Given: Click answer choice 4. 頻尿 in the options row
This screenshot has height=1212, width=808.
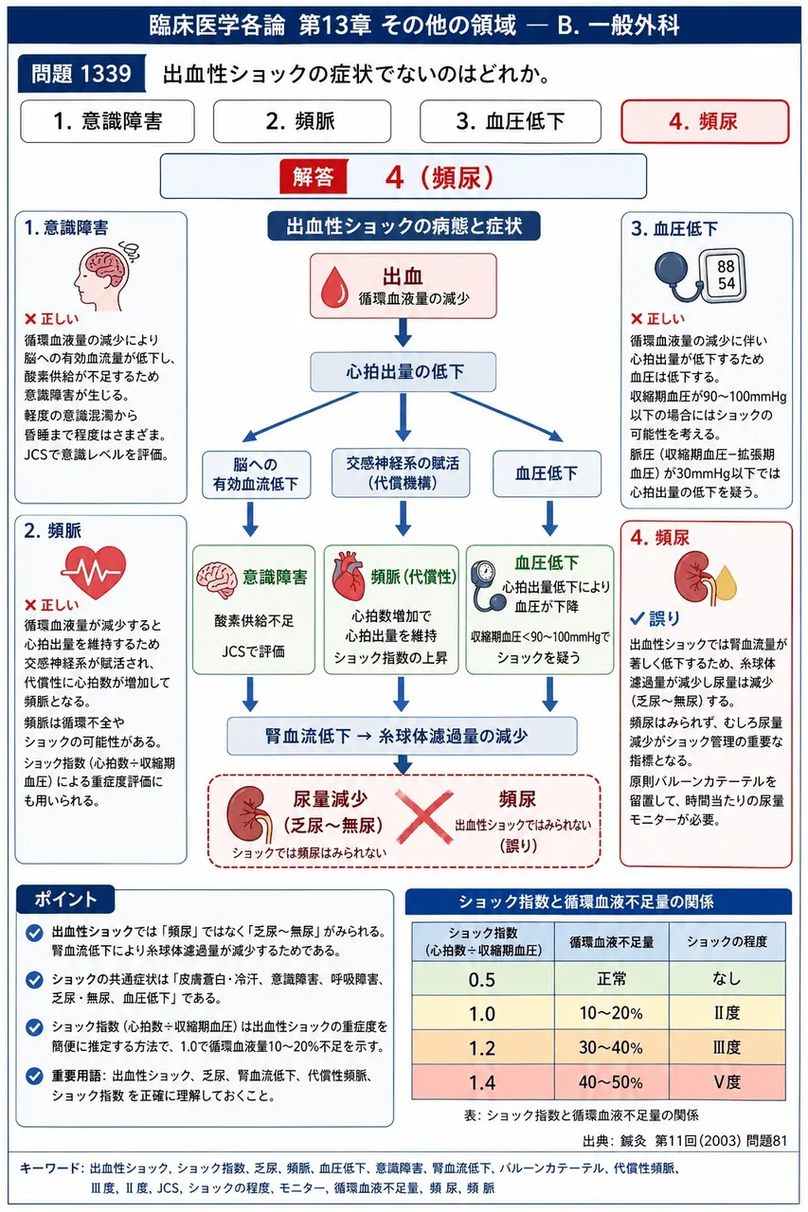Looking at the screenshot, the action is (x=705, y=121).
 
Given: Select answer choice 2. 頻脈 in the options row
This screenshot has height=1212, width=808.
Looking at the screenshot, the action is (x=301, y=121).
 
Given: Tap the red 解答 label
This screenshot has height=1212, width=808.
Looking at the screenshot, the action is (x=314, y=176).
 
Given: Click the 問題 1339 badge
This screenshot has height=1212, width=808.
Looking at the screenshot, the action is (x=81, y=74).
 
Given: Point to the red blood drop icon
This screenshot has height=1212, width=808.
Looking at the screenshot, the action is (x=334, y=287).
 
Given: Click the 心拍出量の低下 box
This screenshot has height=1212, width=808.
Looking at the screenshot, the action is (x=404, y=372).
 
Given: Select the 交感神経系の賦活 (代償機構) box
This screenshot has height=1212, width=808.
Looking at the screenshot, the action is (x=401, y=472).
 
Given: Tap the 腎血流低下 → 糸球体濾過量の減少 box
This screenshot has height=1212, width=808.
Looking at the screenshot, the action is (x=402, y=736).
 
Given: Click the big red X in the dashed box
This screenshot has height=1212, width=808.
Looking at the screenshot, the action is (x=424, y=816).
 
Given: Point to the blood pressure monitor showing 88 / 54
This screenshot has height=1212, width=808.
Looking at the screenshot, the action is (x=701, y=276).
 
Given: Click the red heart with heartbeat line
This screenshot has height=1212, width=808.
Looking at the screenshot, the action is (x=94, y=571).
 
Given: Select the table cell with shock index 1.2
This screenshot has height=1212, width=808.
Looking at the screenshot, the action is (x=483, y=1048).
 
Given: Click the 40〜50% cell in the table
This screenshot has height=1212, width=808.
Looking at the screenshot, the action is (x=611, y=1082).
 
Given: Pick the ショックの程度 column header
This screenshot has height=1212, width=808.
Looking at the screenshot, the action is (x=727, y=942).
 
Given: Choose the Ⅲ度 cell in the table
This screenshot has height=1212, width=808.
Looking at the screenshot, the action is (x=727, y=1047).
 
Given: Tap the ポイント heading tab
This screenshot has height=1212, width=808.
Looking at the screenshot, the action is (x=65, y=900).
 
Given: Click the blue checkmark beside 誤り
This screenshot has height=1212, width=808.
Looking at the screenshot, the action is (x=637, y=618).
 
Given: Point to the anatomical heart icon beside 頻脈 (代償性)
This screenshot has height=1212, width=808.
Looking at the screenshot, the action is (x=348, y=576).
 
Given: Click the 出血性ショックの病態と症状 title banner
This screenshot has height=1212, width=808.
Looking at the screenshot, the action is (x=404, y=226).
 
